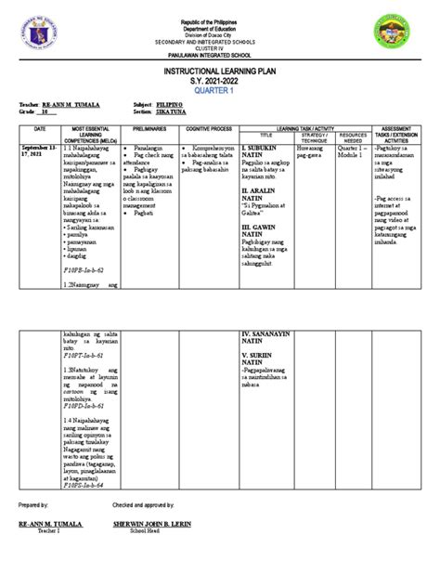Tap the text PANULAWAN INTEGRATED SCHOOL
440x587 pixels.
(220, 54)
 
